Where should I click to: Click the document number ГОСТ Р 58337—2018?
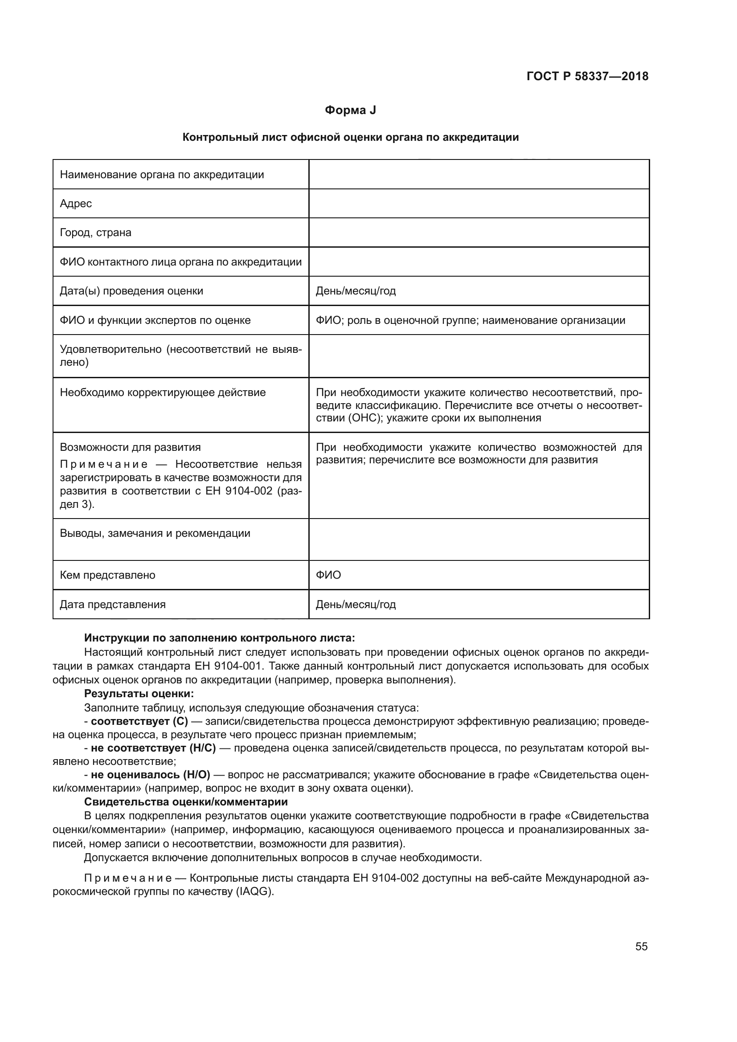pyautogui.click(x=587, y=76)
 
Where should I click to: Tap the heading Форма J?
pyautogui.click(x=350, y=110)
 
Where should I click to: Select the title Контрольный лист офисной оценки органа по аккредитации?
pyautogui.click(x=350, y=137)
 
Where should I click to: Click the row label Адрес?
pyautogui.click(x=76, y=203)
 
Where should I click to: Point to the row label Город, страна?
pyautogui.click(x=95, y=233)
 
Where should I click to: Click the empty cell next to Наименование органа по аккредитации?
pyautogui.click(x=479, y=174)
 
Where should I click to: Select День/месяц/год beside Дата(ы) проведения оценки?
pyautogui.click(x=356, y=291)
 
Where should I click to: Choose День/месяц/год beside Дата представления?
pyautogui.click(x=356, y=605)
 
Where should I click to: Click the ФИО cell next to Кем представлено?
pyautogui.click(x=328, y=575)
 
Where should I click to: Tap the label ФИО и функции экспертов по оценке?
pyautogui.click(x=155, y=320)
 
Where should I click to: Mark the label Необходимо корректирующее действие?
pyautogui.click(x=163, y=392)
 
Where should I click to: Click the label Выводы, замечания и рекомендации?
pyautogui.click(x=155, y=533)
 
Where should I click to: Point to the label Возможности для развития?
pyautogui.click(x=130, y=447)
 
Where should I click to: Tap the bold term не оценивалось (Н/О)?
pyautogui.click(x=151, y=775)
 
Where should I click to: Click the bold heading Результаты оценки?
pyautogui.click(x=139, y=694)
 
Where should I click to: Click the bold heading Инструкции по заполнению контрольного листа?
pyautogui.click(x=220, y=638)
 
